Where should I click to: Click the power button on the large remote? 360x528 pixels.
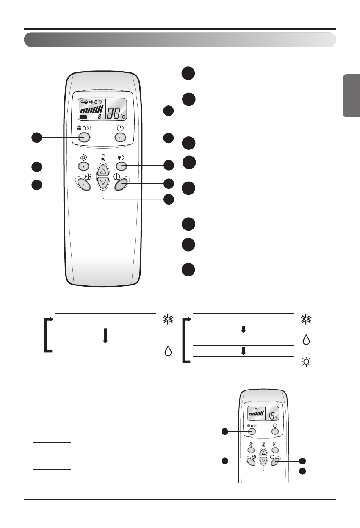pos(121,184)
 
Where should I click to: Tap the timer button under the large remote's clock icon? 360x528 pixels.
pos(121,137)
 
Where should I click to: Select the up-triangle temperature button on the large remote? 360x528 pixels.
pos(102,171)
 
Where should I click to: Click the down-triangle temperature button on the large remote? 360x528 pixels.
pos(102,182)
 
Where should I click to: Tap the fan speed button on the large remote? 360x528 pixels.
pos(84,185)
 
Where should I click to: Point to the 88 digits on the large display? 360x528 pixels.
pos(114,113)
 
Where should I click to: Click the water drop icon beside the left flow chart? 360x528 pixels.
pos(168,352)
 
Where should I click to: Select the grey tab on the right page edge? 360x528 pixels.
pos(351,96)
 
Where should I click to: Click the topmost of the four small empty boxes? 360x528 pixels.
pos(52,410)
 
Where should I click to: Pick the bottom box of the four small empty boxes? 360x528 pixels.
pos(52,478)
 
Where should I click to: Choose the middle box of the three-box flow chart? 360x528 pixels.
pos(243,340)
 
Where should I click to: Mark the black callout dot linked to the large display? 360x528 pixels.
pos(169,111)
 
